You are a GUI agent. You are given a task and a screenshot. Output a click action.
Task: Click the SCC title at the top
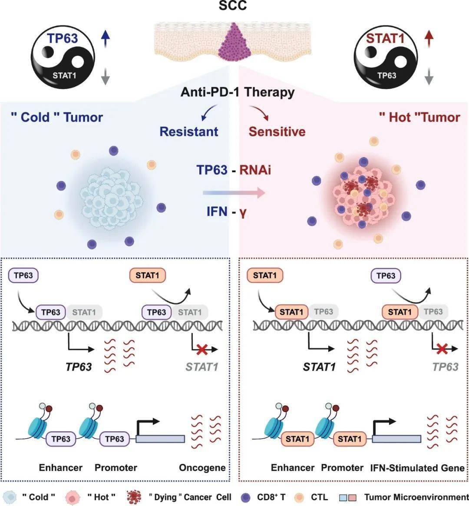click(x=234, y=6)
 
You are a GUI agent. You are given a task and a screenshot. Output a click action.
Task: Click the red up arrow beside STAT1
click(x=429, y=40)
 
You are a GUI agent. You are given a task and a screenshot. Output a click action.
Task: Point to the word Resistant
click(x=189, y=131)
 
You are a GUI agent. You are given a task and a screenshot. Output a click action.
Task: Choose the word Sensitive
click(x=277, y=131)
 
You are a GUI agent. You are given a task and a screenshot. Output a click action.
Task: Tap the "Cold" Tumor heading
click(x=56, y=117)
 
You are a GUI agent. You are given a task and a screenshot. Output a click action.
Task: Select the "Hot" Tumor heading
click(x=419, y=117)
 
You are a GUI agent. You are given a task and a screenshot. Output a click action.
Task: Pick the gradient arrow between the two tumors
click(x=234, y=192)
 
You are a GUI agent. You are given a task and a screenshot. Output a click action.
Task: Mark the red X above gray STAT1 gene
click(x=201, y=348)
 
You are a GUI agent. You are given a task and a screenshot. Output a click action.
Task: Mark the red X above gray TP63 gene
click(x=443, y=348)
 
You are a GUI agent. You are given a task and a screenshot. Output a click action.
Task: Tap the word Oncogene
click(x=202, y=468)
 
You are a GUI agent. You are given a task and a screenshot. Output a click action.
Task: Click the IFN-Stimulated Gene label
click(x=417, y=468)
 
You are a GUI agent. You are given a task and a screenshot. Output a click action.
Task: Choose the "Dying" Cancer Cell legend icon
click(x=133, y=497)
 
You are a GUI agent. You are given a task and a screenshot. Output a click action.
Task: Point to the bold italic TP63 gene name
click(x=79, y=367)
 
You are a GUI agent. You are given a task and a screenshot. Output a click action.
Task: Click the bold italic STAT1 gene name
click(x=319, y=367)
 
